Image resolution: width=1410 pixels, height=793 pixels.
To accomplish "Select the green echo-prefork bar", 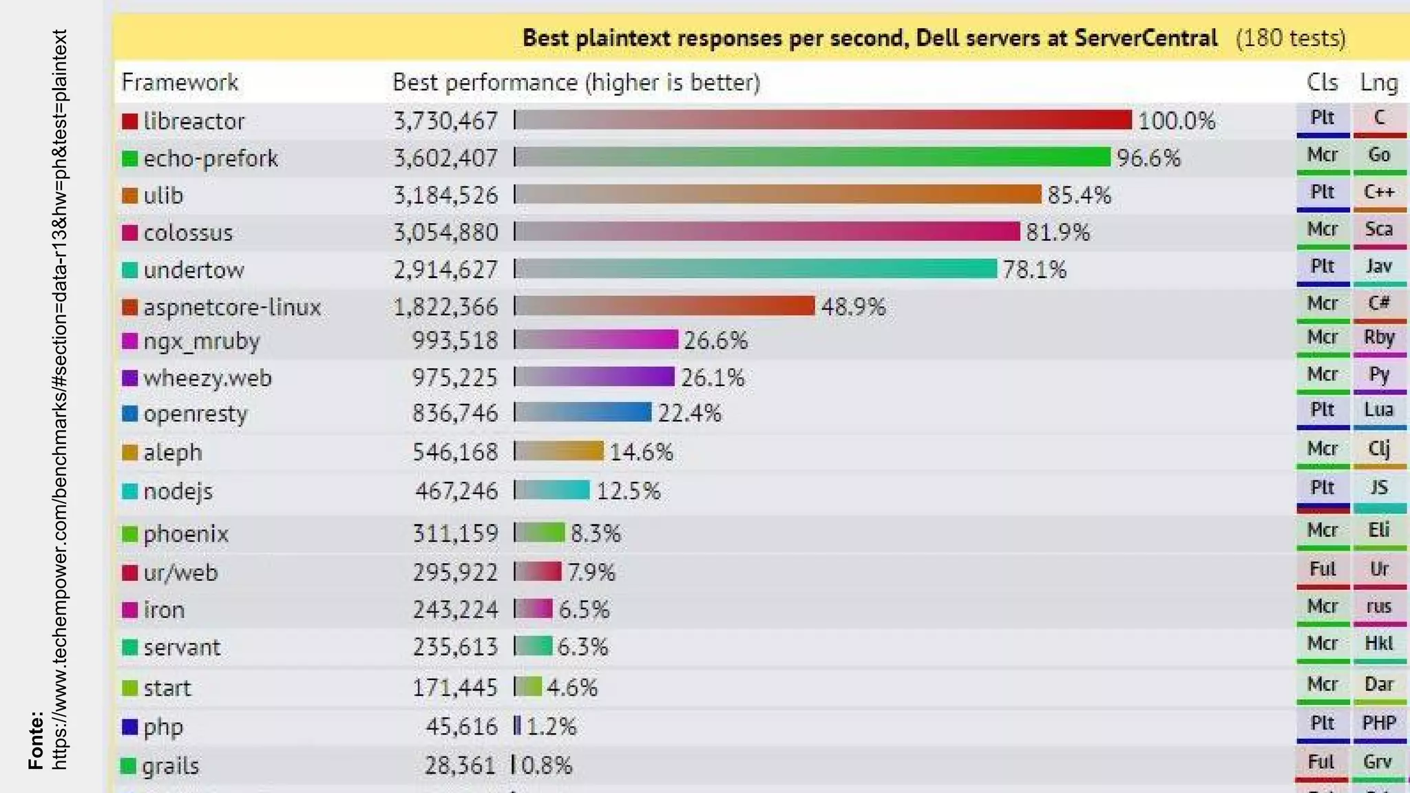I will coord(812,157).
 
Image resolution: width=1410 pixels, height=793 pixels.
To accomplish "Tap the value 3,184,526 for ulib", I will coord(445,195).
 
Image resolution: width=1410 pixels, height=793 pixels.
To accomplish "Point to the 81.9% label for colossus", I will coord(1057,232).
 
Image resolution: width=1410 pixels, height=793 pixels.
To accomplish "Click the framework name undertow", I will coord(193,270).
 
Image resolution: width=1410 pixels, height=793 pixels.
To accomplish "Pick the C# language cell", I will coord(1379,304).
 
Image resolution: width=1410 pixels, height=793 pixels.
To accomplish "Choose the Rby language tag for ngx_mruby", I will coord(1379,337).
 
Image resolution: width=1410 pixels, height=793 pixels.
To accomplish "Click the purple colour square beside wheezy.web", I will coord(129,377).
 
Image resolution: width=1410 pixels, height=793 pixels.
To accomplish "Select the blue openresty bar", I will coord(583,412).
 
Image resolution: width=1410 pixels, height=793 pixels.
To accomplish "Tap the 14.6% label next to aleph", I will coord(641,452).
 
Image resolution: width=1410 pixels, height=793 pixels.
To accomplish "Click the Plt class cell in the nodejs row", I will coord(1323,488).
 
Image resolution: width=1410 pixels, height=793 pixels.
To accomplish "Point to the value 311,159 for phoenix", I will coord(455,533).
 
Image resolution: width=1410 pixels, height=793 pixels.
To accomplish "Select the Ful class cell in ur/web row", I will coord(1323,569).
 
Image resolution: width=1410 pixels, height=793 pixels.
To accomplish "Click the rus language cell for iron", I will coord(1379,606).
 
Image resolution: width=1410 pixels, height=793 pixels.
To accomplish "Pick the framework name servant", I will coord(182,647).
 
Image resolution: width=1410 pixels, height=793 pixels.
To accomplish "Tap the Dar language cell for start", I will coord(1379,684).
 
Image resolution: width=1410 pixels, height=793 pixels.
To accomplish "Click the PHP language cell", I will coord(1379,723).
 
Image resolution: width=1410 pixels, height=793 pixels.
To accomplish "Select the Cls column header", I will coord(1322,82).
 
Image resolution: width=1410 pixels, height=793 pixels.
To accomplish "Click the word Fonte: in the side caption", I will coord(36,741).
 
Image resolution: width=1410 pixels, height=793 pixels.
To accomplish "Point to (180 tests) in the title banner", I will coord(1290,38).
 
